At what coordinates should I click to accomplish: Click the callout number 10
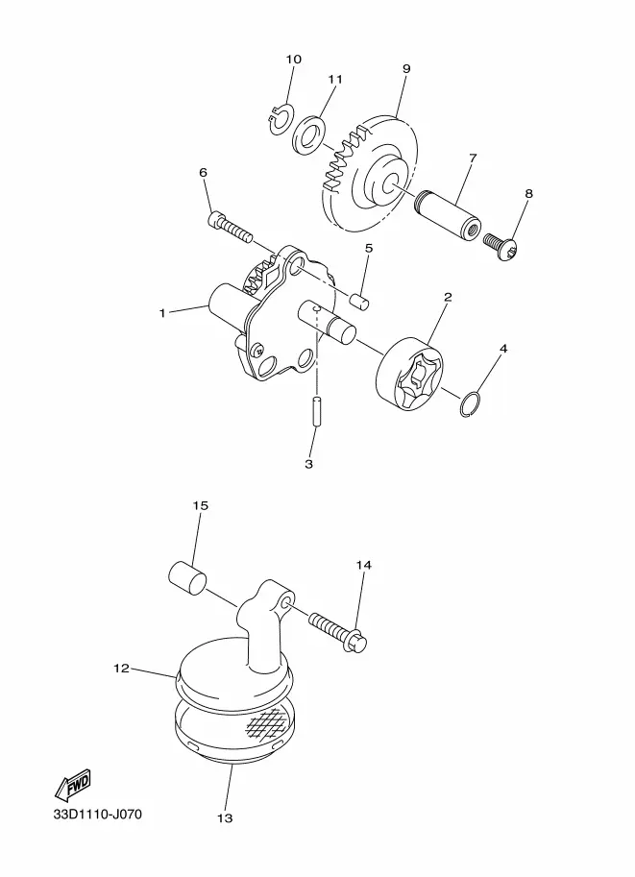point(294,60)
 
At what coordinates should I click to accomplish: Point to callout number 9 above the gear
point(406,69)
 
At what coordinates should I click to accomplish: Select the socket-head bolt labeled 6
point(230,227)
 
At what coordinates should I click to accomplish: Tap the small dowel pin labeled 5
point(359,301)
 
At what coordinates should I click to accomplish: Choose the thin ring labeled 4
point(470,404)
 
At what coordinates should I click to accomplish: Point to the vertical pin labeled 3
point(317,412)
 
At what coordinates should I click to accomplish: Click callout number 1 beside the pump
point(162,313)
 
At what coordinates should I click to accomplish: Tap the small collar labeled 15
point(187,579)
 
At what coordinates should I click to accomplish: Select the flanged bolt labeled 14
point(337,632)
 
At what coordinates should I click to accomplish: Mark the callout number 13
point(225,818)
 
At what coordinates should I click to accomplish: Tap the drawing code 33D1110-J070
point(97,814)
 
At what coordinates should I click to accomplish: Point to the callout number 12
point(121,669)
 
